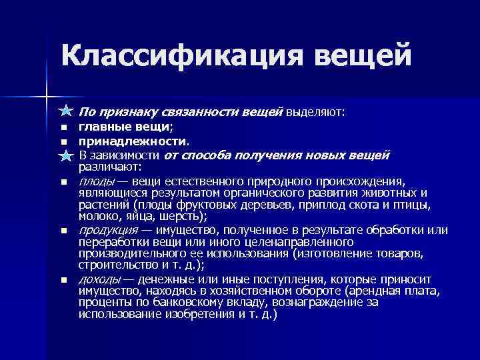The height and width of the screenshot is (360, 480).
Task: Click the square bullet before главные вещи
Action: pos(64,127)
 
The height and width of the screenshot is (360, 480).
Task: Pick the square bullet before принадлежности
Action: pos(64,141)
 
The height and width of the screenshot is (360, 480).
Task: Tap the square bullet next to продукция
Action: pos(64,231)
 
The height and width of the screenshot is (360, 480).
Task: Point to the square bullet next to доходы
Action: pos(64,280)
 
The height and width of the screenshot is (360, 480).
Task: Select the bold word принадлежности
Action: pos(133,141)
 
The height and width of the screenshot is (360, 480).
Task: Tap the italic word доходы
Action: pos(100,279)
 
